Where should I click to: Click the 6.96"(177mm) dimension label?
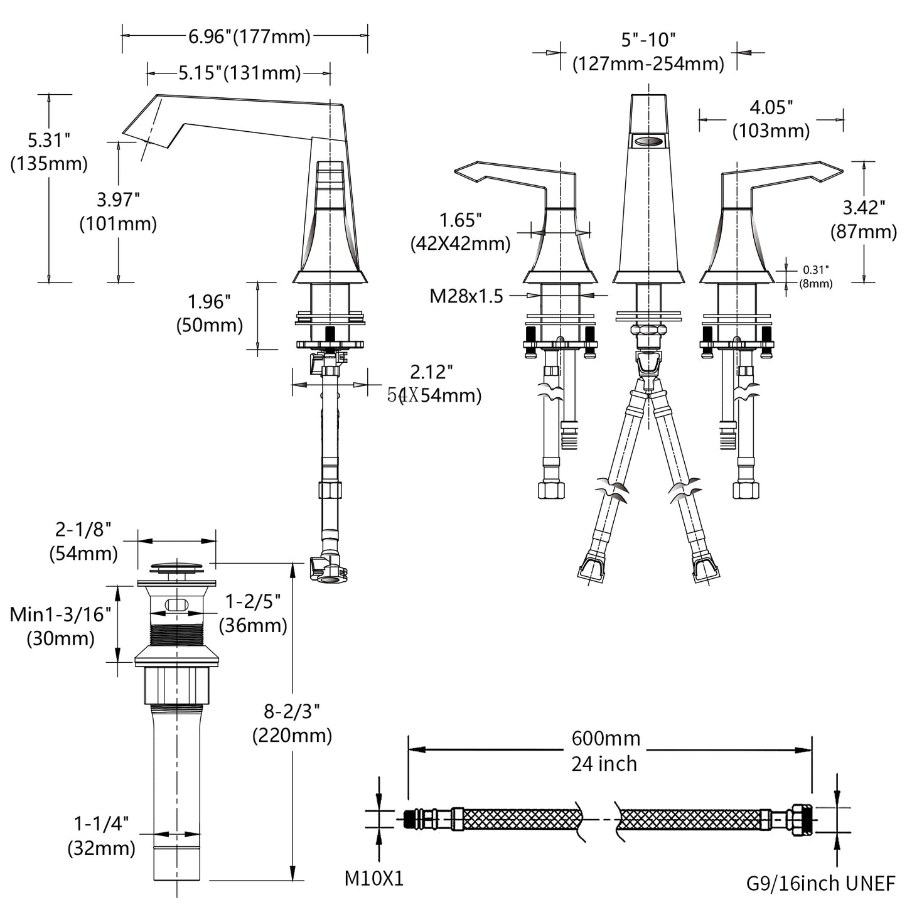[x=249, y=37]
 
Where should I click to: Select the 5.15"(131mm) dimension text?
[x=239, y=73]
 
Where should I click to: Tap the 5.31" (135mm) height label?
[x=48, y=151]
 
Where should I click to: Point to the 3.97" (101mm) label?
[x=117, y=212]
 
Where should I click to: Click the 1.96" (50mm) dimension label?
[x=209, y=313]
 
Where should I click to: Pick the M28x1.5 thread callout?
[x=466, y=296]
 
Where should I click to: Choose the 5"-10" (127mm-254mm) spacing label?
[x=648, y=51]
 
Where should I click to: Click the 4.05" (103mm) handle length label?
[x=771, y=119]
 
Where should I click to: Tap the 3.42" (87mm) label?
[x=863, y=219]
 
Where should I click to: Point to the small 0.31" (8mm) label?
[x=816, y=276]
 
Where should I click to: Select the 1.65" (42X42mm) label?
[x=460, y=232]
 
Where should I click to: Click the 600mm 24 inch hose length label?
[x=605, y=751]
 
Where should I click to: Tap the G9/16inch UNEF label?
[x=820, y=883]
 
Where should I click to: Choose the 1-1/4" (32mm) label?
[x=101, y=835]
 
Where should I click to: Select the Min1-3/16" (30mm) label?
[x=60, y=626]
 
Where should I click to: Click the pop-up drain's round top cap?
[x=176, y=568]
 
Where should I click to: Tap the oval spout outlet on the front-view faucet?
[x=648, y=141]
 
